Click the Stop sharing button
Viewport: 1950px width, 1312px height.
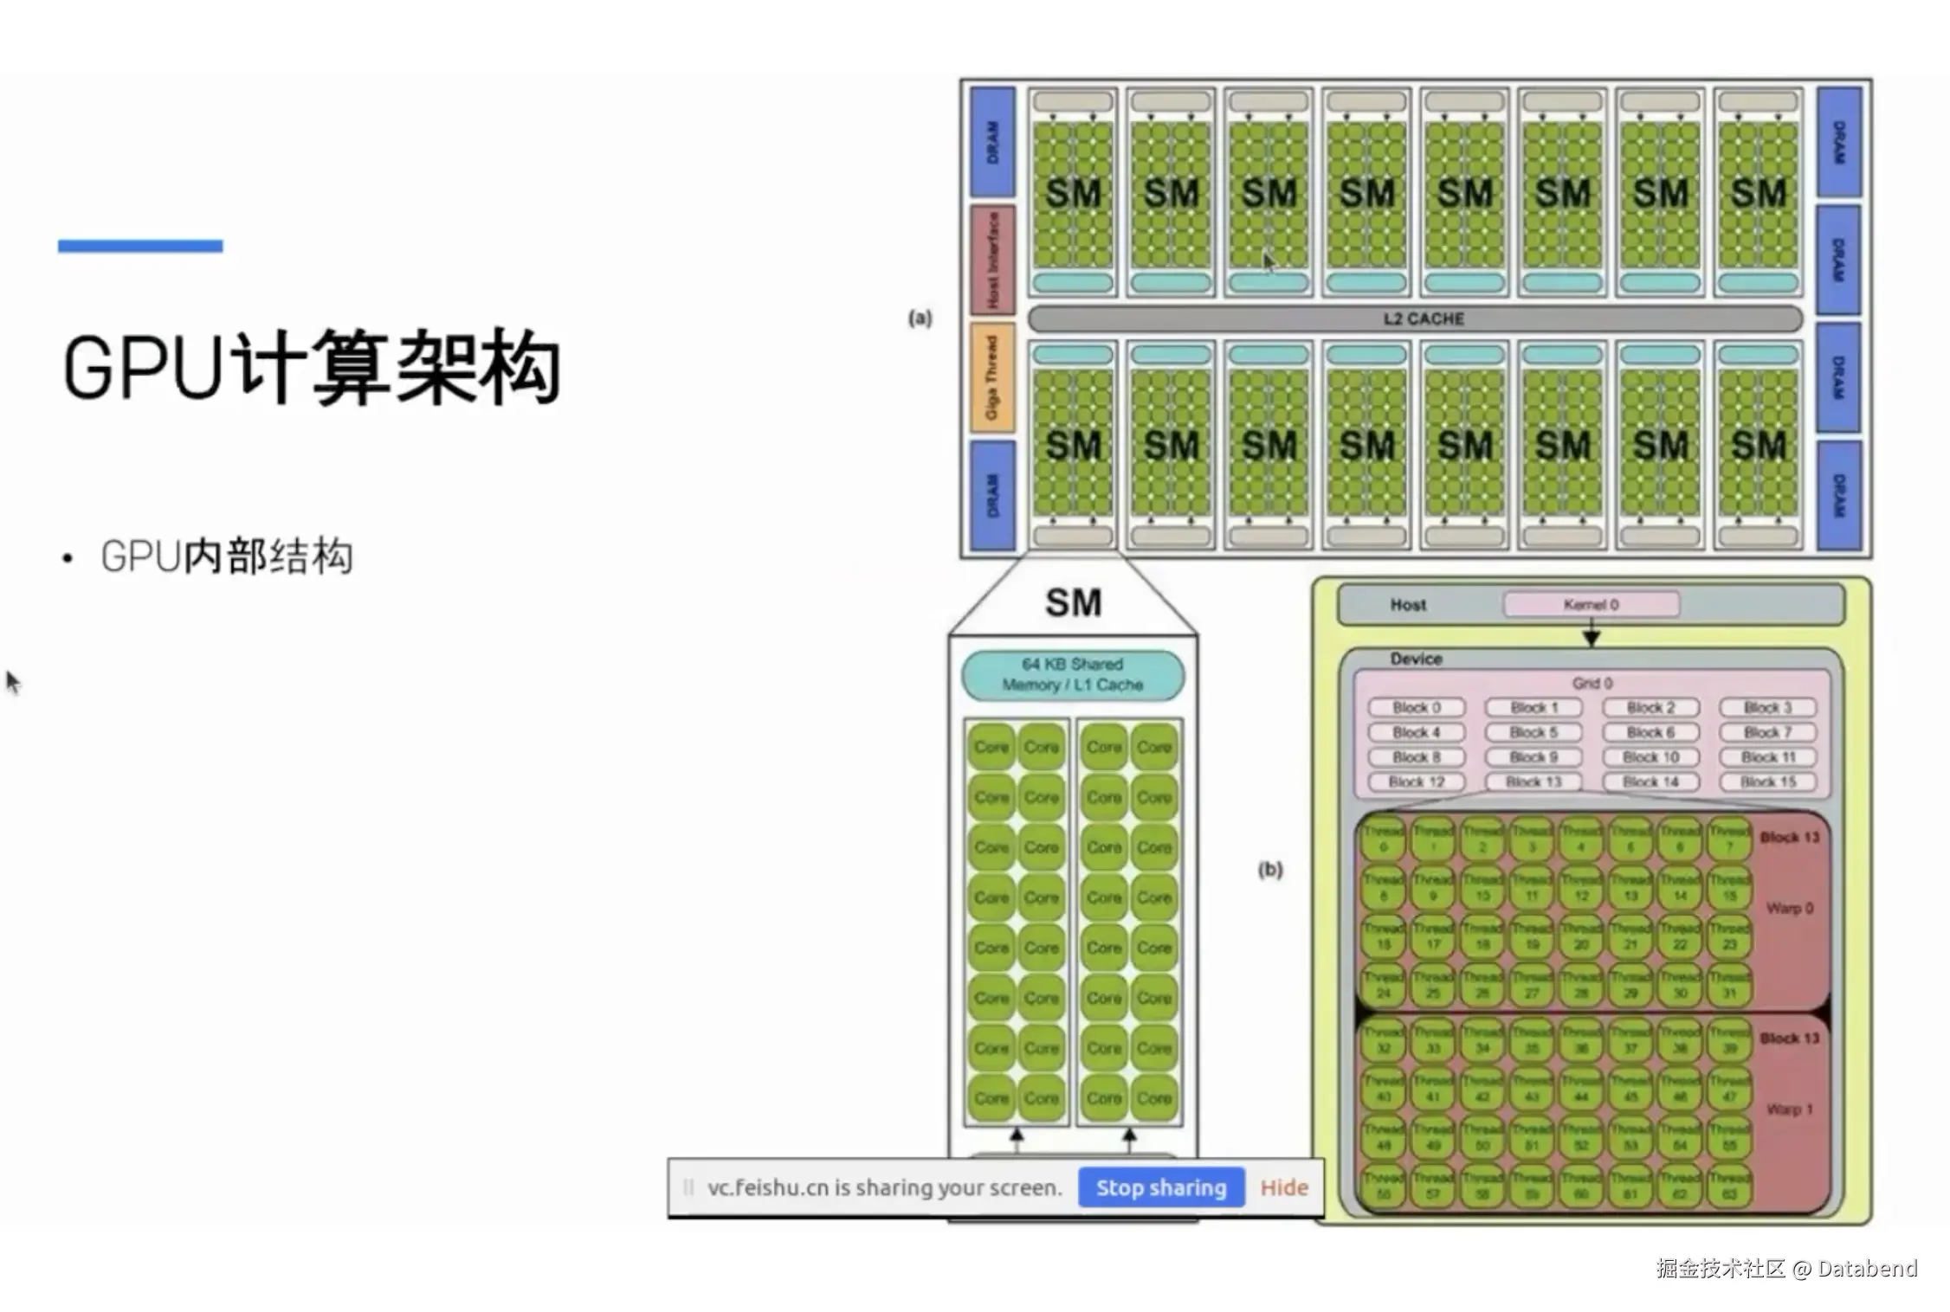coord(1160,1187)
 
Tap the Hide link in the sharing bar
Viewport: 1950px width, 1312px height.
coord(1283,1187)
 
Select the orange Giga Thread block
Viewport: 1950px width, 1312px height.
coord(992,377)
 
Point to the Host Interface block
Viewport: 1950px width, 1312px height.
coord(992,259)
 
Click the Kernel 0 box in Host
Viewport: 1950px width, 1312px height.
coord(1591,604)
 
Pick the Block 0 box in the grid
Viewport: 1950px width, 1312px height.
coord(1417,707)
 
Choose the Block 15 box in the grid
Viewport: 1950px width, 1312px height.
coord(1767,781)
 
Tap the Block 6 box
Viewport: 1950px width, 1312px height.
coord(1650,732)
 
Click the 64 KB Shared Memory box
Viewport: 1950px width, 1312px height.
coord(1072,674)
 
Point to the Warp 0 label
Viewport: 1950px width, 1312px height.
coord(1789,908)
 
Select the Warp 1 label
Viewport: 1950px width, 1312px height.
coord(1789,1109)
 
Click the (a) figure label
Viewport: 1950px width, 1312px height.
coord(920,318)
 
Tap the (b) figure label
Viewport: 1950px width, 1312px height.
coord(1269,869)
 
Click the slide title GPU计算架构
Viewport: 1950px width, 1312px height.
coord(312,368)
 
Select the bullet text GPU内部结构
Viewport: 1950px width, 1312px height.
coord(227,556)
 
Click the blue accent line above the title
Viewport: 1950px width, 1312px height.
coord(140,246)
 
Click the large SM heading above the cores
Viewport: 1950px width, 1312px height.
coord(1073,602)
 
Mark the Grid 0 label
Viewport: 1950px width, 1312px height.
coord(1592,683)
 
